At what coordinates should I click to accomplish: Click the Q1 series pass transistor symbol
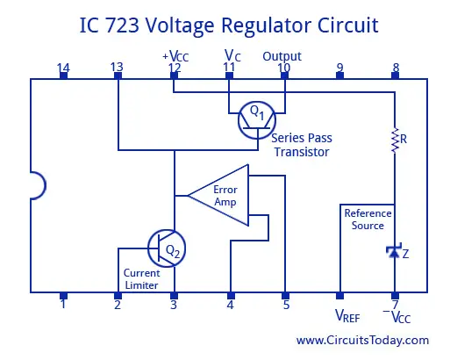(257, 120)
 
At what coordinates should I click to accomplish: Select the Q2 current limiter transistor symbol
(167, 248)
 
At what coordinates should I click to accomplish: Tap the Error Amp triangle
(218, 195)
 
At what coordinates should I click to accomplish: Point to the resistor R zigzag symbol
(395, 140)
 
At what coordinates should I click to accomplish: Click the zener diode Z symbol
(394, 251)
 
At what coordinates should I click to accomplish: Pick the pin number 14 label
(63, 68)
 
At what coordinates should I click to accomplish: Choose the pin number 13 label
(117, 67)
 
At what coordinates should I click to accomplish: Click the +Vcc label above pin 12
(175, 55)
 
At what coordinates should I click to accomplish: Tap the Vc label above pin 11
(232, 55)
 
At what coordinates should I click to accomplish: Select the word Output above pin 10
(282, 56)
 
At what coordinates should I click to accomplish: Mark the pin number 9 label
(339, 68)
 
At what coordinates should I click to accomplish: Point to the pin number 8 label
(396, 68)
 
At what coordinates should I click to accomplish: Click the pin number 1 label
(63, 304)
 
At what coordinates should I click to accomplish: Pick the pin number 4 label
(231, 305)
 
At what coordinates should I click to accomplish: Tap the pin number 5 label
(286, 305)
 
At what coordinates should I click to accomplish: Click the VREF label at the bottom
(347, 316)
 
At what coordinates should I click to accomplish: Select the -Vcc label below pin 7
(396, 316)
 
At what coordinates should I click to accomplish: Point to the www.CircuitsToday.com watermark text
(362, 340)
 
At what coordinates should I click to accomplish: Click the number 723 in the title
(122, 25)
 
